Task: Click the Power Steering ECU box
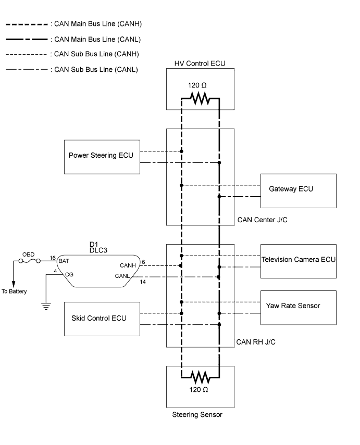tap(102, 156)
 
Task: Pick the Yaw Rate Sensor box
tap(299, 307)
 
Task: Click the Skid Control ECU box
tap(102, 318)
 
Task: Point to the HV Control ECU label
tap(200, 63)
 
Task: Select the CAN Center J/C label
tap(262, 220)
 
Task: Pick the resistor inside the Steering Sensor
tap(200, 376)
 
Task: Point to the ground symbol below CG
tap(46, 306)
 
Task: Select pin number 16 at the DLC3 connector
tap(53, 258)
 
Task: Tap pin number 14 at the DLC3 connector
tap(143, 282)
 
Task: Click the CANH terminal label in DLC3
tap(128, 265)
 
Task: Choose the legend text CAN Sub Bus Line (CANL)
tap(97, 69)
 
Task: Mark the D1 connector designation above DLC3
tap(94, 243)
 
